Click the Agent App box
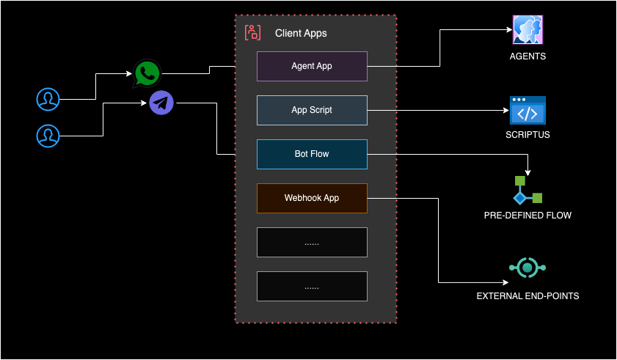pyautogui.click(x=312, y=66)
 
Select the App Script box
pyautogui.click(x=312, y=110)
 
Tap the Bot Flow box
pyautogui.click(x=312, y=154)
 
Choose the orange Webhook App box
pyautogui.click(x=312, y=198)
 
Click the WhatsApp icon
pyautogui.click(x=147, y=73)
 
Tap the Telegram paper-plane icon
pyautogui.click(x=161, y=103)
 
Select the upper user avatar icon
pyautogui.click(x=48, y=98)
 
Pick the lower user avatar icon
pyautogui.click(x=48, y=135)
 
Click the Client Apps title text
pyautogui.click(x=301, y=33)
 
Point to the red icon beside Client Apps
pyautogui.click(x=252, y=32)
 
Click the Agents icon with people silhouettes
pyautogui.click(x=527, y=30)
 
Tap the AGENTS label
pyautogui.click(x=527, y=56)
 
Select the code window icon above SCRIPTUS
pyautogui.click(x=527, y=110)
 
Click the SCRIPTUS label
pyautogui.click(x=527, y=135)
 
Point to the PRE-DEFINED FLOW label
pyautogui.click(x=527, y=216)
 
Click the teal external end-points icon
pyautogui.click(x=527, y=268)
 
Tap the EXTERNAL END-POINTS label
pyautogui.click(x=527, y=296)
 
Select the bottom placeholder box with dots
pyautogui.click(x=312, y=286)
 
